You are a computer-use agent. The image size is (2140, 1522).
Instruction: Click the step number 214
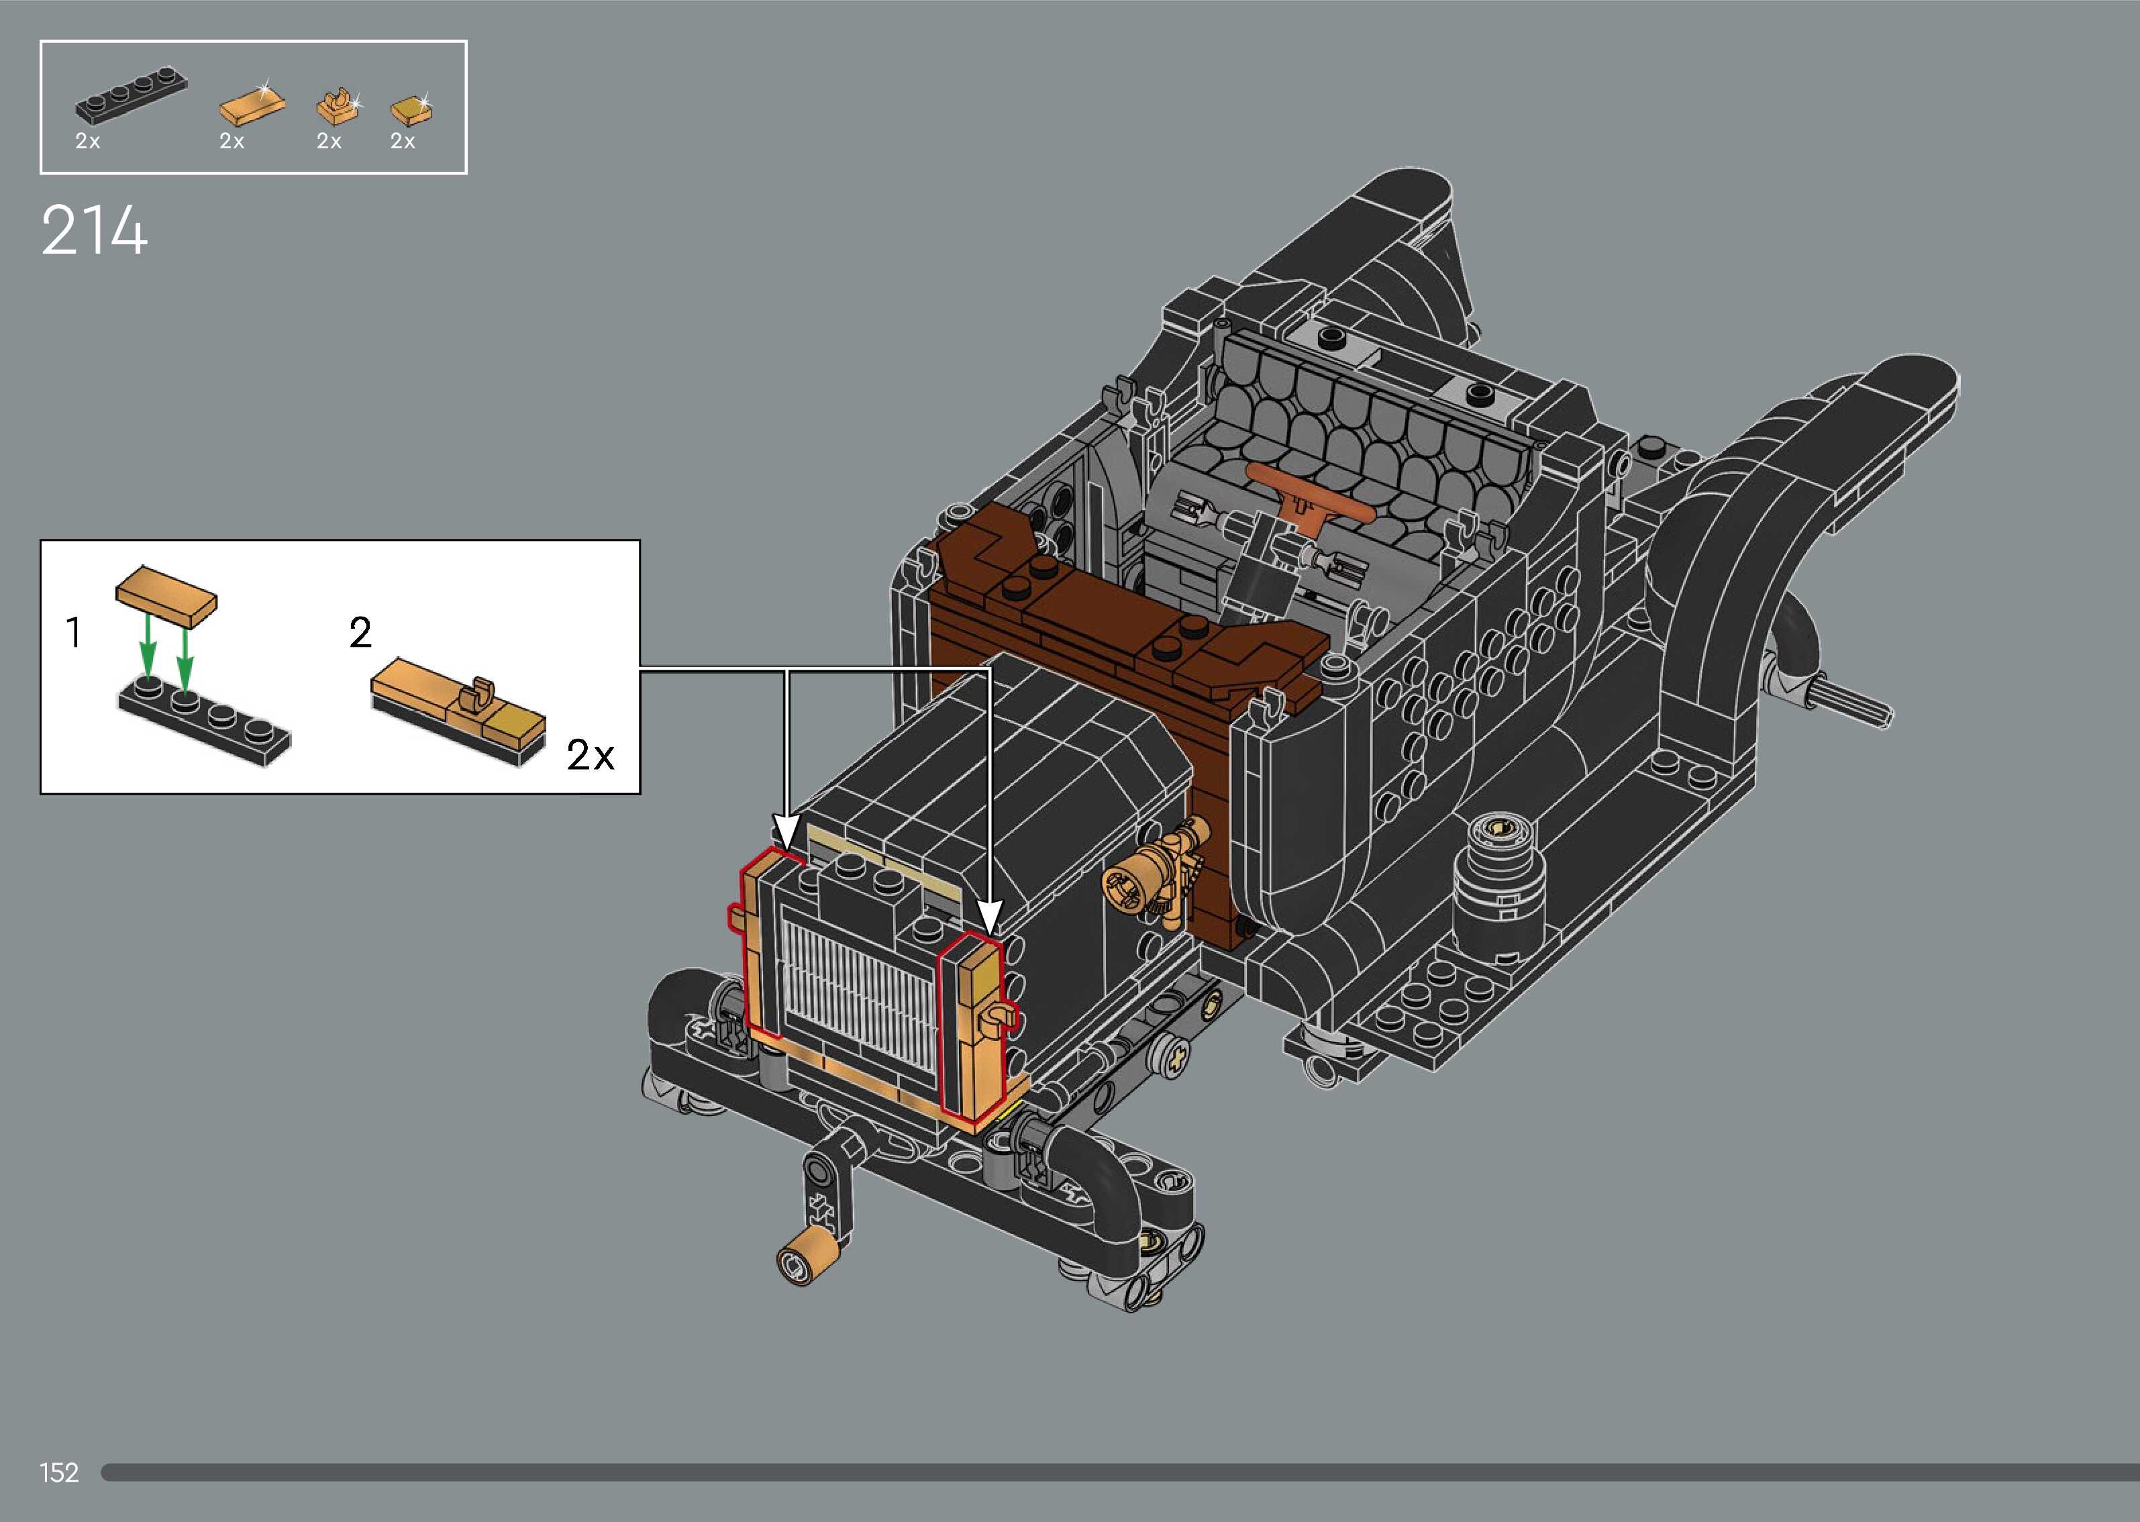pyautogui.click(x=95, y=231)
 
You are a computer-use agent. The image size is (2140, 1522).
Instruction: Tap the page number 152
pyautogui.click(x=59, y=1472)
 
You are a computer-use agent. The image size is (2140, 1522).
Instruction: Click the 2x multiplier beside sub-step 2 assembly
pyautogui.click(x=591, y=754)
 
